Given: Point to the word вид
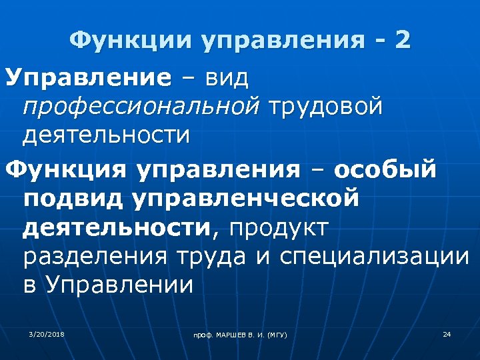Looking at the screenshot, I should [227, 78].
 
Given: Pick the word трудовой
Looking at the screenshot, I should [326, 107].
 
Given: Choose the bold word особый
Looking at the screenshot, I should [385, 169].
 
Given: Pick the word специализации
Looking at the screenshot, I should [374, 257].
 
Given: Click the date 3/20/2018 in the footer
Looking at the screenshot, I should [47, 333].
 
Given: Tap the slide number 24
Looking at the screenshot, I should [447, 333].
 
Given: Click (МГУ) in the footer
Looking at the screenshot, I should [275, 334].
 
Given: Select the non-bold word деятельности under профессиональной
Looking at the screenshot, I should [106, 135].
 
